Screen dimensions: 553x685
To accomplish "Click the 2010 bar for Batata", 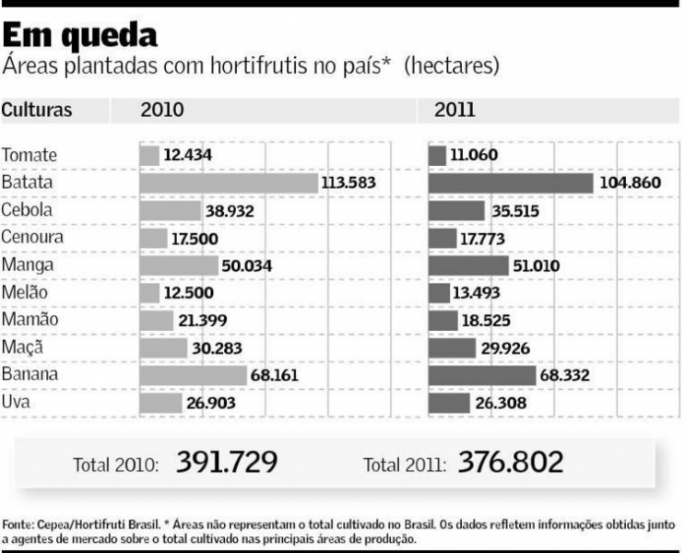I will click(229, 183).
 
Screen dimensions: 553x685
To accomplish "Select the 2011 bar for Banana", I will click(481, 376).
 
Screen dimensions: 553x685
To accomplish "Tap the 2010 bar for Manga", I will click(179, 265).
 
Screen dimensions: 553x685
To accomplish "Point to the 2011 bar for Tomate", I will click(437, 155).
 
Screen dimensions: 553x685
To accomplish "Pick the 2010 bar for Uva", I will click(160, 403).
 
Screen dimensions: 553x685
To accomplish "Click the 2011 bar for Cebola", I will click(456, 211).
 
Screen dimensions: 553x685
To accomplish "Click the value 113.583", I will click(348, 183).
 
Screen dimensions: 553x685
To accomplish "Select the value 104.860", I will click(630, 183).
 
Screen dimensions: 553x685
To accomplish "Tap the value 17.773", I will click(490, 239).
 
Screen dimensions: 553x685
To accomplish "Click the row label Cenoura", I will click(32, 238).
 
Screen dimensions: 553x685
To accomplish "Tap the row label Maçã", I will click(22, 348).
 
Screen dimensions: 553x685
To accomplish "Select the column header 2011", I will click(454, 111).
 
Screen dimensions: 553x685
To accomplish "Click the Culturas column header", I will click(37, 111).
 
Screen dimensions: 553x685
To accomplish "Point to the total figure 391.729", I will click(226, 462).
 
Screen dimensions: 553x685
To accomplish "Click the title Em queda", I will click(79, 36).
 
